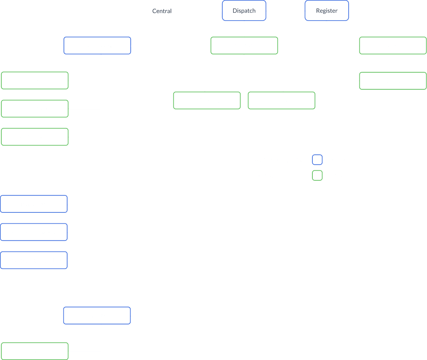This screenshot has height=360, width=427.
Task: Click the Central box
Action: click(x=162, y=11)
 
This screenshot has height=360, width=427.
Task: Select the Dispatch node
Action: click(x=244, y=11)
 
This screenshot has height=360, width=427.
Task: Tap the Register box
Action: click(x=327, y=11)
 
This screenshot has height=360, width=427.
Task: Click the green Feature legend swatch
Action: click(x=317, y=176)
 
